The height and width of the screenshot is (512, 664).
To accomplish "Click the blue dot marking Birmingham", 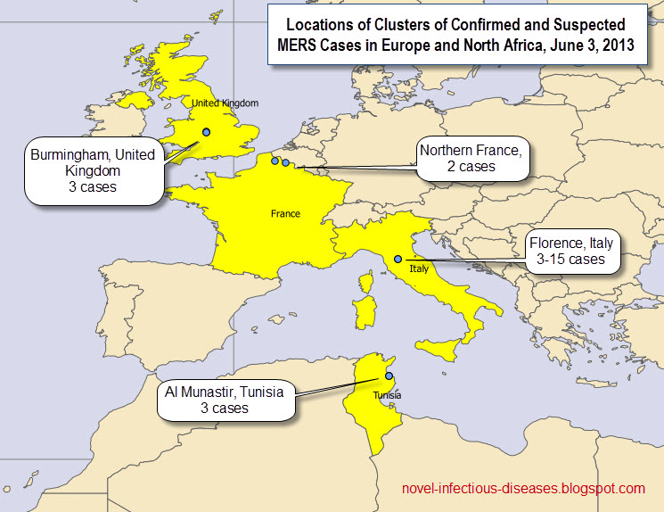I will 207,132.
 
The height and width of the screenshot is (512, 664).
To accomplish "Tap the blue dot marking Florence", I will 398,259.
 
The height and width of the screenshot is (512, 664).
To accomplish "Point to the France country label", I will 285,214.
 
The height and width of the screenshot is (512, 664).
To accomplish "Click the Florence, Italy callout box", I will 571,251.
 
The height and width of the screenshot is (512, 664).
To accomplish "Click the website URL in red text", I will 524,489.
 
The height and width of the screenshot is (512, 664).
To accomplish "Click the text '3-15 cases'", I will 571,260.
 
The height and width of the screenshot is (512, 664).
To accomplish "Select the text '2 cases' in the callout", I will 471,167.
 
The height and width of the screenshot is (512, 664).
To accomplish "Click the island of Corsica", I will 365,284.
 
